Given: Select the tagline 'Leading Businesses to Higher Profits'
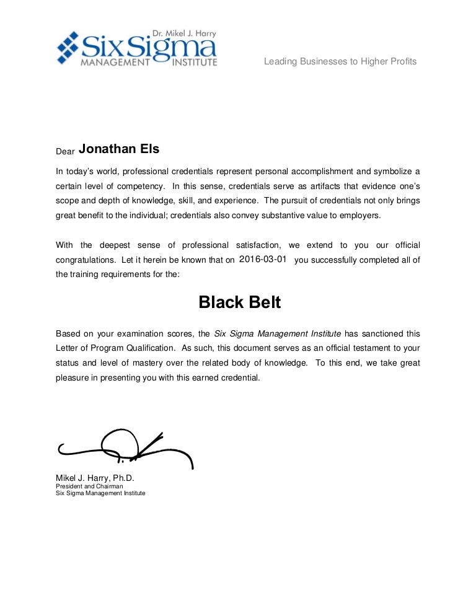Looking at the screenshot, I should pyautogui.click(x=340, y=61).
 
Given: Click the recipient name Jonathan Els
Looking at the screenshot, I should pyautogui.click(x=119, y=149).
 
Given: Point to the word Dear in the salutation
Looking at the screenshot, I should pyautogui.click(x=65, y=151).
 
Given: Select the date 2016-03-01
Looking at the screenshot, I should pyautogui.click(x=263, y=260).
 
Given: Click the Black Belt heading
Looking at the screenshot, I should pyautogui.click(x=239, y=302).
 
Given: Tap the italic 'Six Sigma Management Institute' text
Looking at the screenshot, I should pyautogui.click(x=278, y=333).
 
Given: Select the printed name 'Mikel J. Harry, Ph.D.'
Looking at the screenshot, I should pyautogui.click(x=95, y=478).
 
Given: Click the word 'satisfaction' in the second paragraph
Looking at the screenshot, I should pyautogui.click(x=258, y=245).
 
